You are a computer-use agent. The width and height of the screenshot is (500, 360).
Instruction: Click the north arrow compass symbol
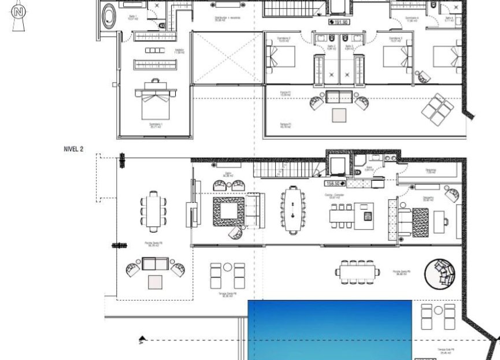pos(20,12)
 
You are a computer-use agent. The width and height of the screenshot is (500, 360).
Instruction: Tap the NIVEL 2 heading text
pos(73,149)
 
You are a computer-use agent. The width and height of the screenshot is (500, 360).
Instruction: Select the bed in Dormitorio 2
pos(280,57)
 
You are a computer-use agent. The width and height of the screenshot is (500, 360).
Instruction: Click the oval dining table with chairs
pos(294,210)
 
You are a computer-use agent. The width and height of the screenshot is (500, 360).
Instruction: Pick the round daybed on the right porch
pos(440,273)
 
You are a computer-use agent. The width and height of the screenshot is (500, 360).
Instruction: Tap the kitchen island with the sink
pos(366,215)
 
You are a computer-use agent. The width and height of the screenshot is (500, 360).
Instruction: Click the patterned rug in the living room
pos(228,211)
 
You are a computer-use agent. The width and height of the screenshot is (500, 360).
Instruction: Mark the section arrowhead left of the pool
pos(142,340)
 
